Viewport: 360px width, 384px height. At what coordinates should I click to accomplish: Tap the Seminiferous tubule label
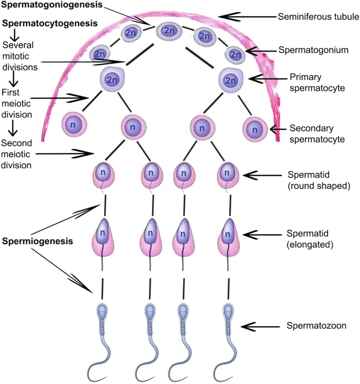318,16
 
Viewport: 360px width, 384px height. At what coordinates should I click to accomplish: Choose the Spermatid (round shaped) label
319,180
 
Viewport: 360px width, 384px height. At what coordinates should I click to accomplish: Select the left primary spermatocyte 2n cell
111,79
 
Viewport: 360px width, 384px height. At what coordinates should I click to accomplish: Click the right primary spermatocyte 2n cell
230,79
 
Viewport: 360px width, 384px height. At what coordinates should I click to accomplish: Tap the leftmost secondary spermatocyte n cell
74,126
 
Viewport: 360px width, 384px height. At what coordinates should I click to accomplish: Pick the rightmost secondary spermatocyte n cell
255,128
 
